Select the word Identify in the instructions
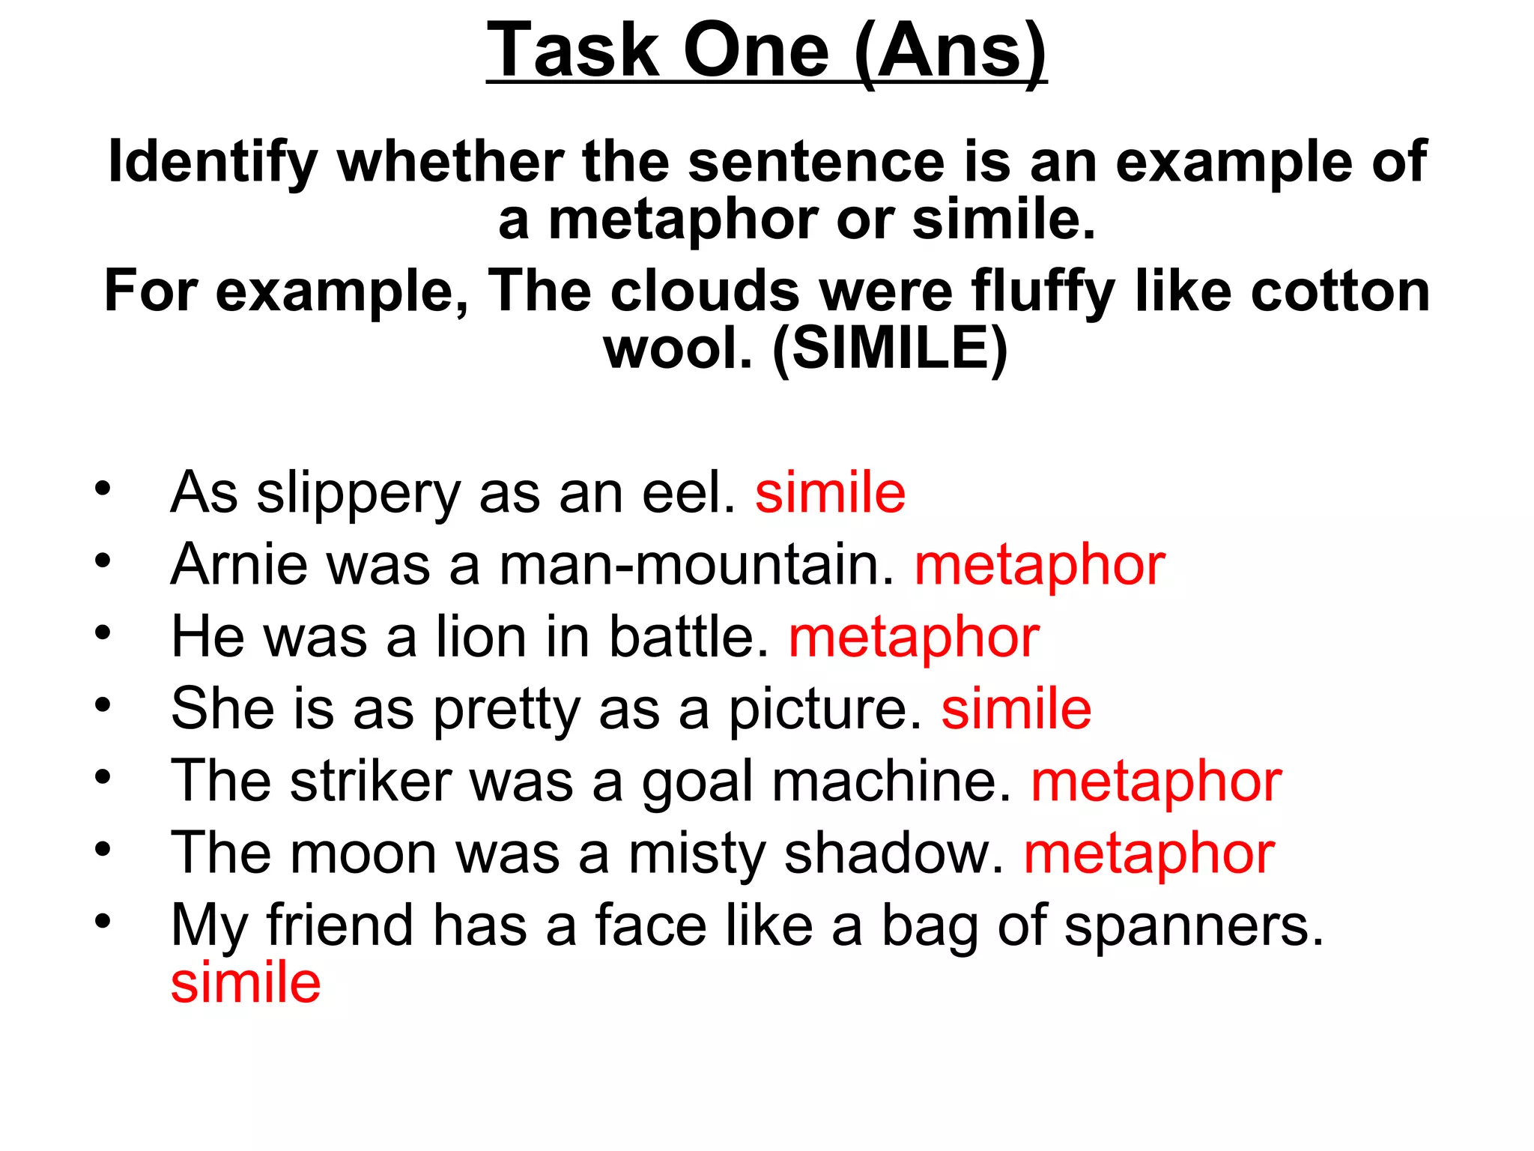(213, 162)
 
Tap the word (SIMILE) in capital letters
(890, 349)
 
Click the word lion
(482, 636)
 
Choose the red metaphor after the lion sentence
(914, 638)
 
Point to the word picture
(825, 710)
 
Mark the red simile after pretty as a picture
(1016, 708)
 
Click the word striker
(371, 781)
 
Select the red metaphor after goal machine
(1156, 782)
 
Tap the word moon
(363, 854)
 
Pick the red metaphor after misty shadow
(1149, 854)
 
